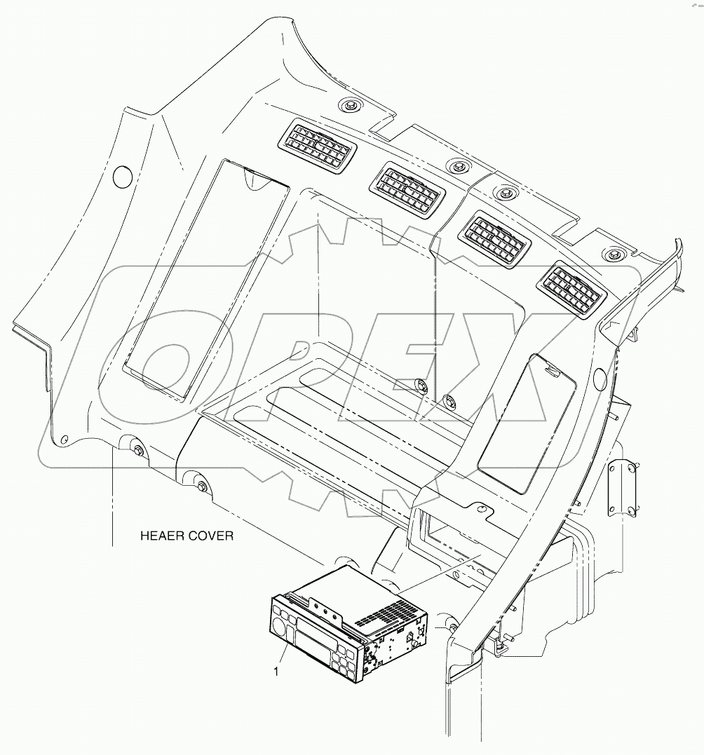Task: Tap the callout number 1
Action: (277, 672)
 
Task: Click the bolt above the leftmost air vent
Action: (348, 106)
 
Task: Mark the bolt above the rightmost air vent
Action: (615, 254)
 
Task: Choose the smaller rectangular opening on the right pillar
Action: (526, 421)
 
